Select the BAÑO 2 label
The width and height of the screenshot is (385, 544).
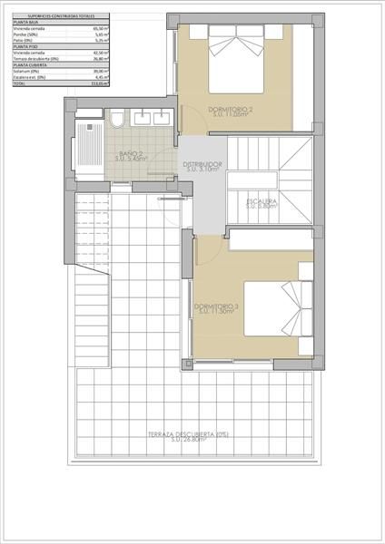[x=133, y=154]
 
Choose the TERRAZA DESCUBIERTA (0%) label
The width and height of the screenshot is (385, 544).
[x=190, y=435]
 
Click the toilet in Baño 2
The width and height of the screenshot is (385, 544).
[x=117, y=119]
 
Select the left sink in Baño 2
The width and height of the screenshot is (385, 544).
[x=143, y=117]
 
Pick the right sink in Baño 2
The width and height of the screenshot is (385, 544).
[x=163, y=117]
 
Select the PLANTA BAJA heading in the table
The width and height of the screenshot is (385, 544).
[x=26, y=23]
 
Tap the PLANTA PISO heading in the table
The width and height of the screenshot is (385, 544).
[x=25, y=47]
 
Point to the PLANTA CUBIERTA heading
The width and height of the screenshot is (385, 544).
[x=30, y=66]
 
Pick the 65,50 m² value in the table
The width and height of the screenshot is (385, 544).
[x=100, y=29]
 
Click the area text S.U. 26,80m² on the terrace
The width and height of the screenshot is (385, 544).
[x=190, y=442]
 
